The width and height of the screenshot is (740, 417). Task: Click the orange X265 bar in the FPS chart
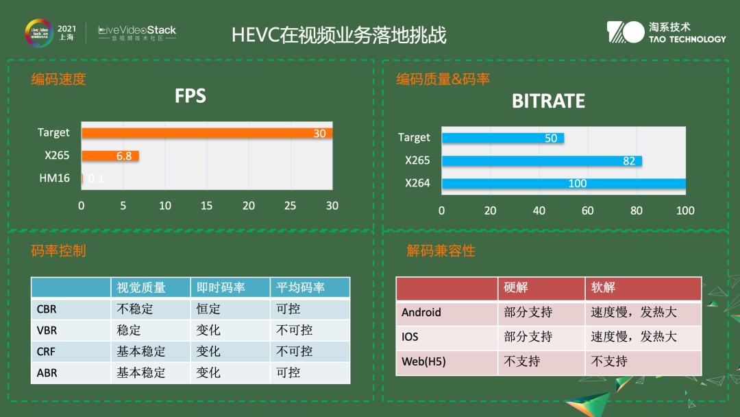pyautogui.click(x=110, y=156)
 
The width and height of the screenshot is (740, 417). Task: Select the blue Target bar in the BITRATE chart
pyautogui.click(x=503, y=138)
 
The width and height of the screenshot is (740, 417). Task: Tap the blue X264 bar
pyautogui.click(x=563, y=183)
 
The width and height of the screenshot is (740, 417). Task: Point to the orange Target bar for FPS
pyautogui.click(x=207, y=133)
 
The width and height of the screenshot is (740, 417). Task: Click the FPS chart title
pyautogui.click(x=190, y=96)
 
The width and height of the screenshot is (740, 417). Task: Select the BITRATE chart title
pyautogui.click(x=548, y=102)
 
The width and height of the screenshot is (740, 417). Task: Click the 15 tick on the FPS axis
pyautogui.click(x=207, y=205)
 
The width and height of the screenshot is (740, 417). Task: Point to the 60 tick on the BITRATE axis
pyautogui.click(x=588, y=211)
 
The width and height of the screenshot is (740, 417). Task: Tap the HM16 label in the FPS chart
pyautogui.click(x=54, y=178)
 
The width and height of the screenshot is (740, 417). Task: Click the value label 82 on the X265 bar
pyautogui.click(x=629, y=161)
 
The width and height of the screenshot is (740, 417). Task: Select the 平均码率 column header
pyautogui.click(x=300, y=287)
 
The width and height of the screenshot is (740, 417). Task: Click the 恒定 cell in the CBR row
pyautogui.click(x=208, y=309)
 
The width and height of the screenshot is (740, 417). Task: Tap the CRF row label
pyautogui.click(x=47, y=351)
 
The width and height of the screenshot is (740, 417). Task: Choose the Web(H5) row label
pyautogui.click(x=423, y=361)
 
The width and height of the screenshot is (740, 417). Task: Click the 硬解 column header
pyautogui.click(x=516, y=288)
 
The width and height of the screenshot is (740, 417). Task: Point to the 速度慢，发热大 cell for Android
pyautogui.click(x=634, y=312)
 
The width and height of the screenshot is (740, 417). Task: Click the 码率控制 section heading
pyautogui.click(x=59, y=251)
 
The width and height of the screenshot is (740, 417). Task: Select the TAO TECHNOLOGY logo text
pyautogui.click(x=687, y=39)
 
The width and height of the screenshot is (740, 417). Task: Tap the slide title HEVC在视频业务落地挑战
pyautogui.click(x=339, y=35)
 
